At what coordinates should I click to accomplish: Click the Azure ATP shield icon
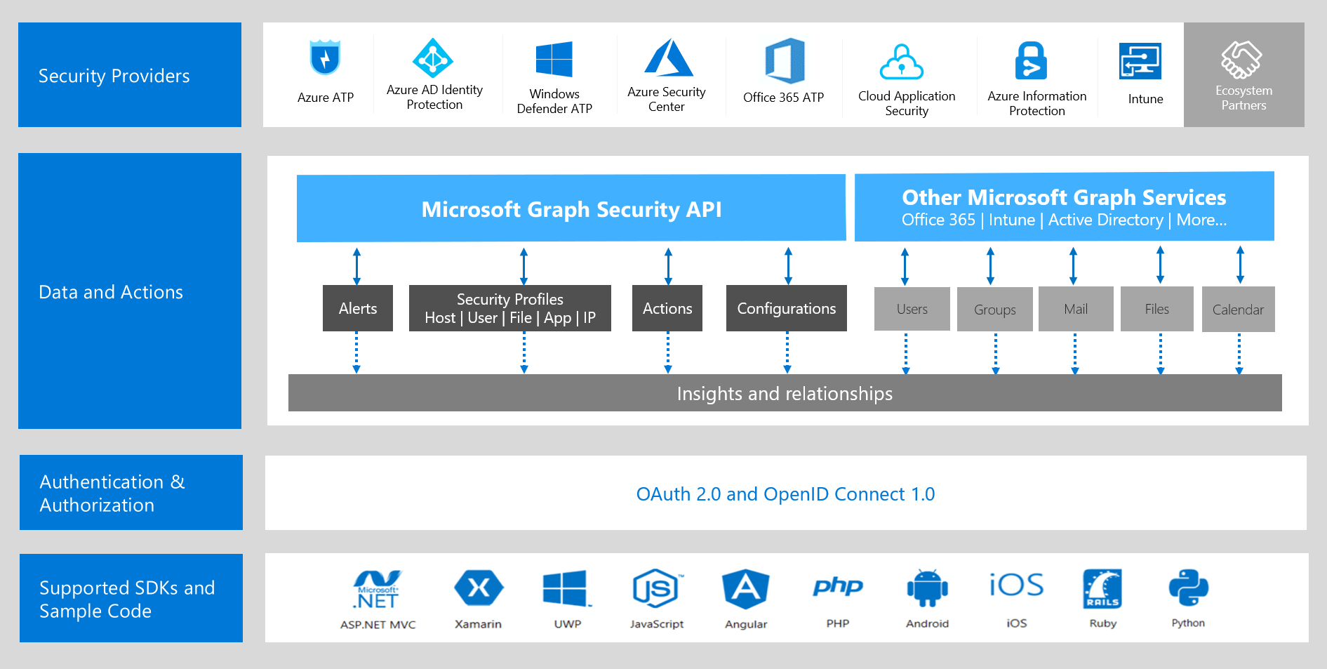[x=325, y=58]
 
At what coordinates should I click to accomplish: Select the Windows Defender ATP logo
[x=554, y=59]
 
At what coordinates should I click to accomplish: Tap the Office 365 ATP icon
[x=785, y=60]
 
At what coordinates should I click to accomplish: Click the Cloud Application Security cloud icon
[x=902, y=62]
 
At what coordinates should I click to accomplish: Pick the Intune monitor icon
[x=1140, y=62]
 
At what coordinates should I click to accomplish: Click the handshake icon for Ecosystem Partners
[x=1241, y=59]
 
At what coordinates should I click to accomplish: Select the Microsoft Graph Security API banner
[x=571, y=208]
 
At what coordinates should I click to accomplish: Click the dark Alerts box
[x=358, y=308]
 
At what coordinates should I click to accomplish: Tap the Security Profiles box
[x=510, y=308]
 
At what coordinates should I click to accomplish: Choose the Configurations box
[x=786, y=308]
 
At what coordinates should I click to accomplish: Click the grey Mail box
[x=1075, y=309]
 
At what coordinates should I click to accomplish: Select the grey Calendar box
[x=1238, y=310]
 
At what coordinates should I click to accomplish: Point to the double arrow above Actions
[x=668, y=266]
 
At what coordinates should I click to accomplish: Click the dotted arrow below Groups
[x=995, y=353]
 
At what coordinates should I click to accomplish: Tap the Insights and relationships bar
[x=785, y=393]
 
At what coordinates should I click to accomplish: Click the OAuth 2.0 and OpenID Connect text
[x=785, y=494]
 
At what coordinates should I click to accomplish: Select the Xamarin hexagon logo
[x=479, y=588]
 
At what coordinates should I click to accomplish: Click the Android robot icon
[x=927, y=588]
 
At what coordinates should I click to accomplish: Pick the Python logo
[x=1188, y=588]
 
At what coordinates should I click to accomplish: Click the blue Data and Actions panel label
[x=111, y=292]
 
